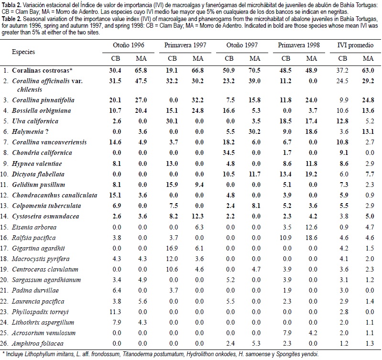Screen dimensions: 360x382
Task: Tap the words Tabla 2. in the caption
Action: (x=11, y=3)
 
